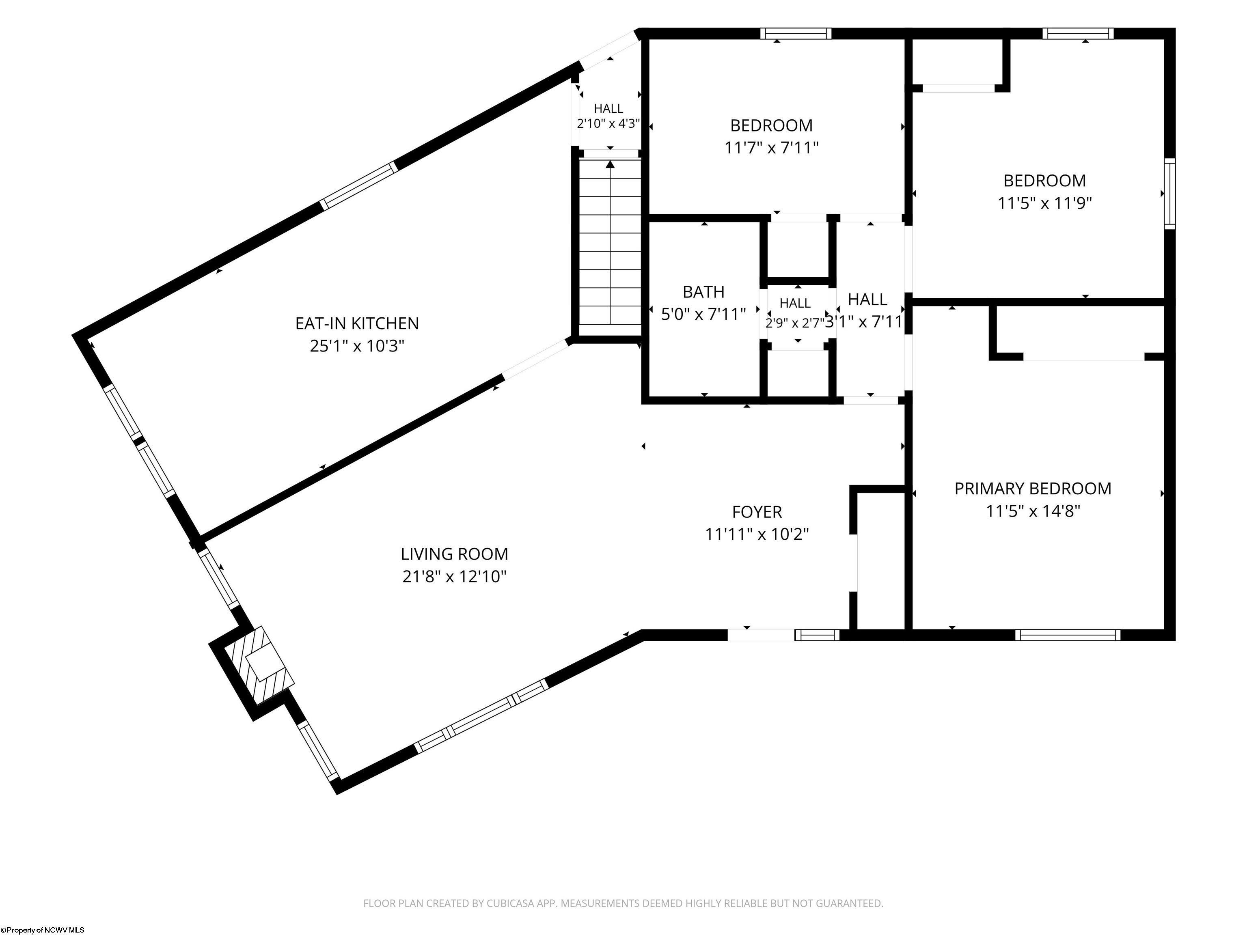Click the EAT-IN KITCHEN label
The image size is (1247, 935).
click(357, 323)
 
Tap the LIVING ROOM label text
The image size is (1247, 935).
click(454, 554)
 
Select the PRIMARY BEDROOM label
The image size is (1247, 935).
click(1033, 489)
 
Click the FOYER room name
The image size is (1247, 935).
click(757, 512)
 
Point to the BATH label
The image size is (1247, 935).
click(703, 292)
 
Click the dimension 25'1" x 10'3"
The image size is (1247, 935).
click(357, 345)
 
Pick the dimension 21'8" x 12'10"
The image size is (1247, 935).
click(454, 577)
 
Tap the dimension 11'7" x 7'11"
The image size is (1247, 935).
click(771, 148)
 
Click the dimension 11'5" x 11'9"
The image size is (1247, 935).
click(1044, 203)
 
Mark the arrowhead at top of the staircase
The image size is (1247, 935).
click(610, 165)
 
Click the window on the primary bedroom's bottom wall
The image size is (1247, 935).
click(1068, 635)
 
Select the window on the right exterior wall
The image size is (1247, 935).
click(1170, 193)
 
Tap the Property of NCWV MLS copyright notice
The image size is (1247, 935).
click(43, 930)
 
